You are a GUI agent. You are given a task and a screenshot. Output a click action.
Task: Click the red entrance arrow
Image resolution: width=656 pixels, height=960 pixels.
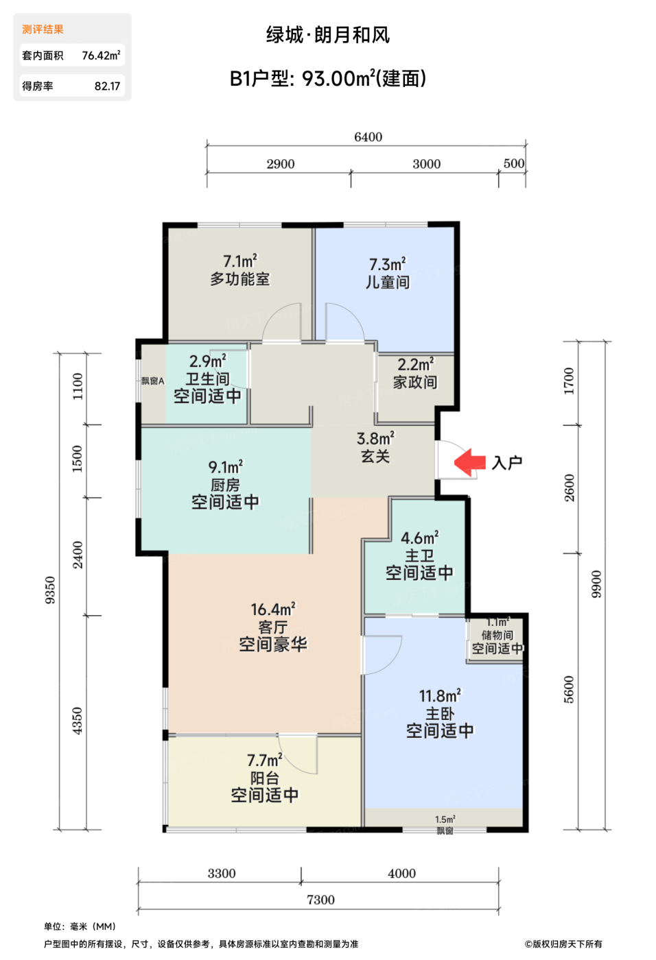469,462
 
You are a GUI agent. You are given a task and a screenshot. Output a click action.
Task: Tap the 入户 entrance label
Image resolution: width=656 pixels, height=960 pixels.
507,463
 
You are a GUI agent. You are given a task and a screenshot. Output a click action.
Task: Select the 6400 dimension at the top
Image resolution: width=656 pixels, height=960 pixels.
368,137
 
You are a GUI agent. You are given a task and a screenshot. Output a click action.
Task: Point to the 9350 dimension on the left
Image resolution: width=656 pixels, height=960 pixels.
51,590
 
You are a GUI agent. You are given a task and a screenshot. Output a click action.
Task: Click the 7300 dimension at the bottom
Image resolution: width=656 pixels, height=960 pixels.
320,900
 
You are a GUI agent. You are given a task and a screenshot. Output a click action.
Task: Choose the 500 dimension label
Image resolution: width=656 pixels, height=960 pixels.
514,163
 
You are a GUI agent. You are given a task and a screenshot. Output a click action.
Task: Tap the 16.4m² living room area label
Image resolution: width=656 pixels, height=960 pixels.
273,609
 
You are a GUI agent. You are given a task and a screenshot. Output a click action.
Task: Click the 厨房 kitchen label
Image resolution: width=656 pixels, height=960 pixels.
225,485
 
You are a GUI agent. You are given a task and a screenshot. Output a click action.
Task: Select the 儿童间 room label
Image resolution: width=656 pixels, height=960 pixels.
388,282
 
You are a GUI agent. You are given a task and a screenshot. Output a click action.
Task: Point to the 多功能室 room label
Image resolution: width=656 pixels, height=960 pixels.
239,279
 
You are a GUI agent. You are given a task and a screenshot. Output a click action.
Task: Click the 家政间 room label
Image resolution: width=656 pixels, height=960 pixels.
415,382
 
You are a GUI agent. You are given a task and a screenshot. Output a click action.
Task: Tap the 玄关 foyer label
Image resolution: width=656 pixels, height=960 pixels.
375,456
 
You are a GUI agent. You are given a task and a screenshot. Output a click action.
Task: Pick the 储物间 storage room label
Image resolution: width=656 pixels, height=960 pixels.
497,635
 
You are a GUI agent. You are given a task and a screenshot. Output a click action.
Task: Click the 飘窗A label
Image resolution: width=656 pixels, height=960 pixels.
153,381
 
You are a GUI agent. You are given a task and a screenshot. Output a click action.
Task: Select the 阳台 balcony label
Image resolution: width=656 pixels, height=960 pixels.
265,778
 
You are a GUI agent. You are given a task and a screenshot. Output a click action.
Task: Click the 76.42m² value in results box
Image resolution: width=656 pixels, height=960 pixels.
101,56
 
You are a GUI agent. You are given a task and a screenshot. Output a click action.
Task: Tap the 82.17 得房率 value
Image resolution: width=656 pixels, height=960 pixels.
107,86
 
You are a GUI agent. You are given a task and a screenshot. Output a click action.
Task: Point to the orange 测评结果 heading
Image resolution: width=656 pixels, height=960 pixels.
43,29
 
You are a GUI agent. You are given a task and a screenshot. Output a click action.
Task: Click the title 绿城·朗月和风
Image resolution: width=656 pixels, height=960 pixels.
328,35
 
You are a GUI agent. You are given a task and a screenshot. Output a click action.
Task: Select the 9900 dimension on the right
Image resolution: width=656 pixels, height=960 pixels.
596,584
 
